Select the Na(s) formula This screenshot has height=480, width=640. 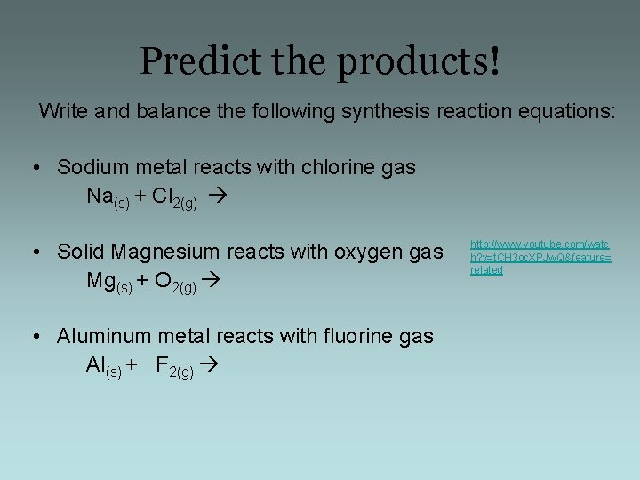[x=108, y=197]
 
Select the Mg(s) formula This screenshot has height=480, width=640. [x=109, y=282]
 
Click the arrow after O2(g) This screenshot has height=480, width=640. [x=211, y=281]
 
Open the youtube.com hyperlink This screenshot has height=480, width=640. [x=540, y=257]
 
